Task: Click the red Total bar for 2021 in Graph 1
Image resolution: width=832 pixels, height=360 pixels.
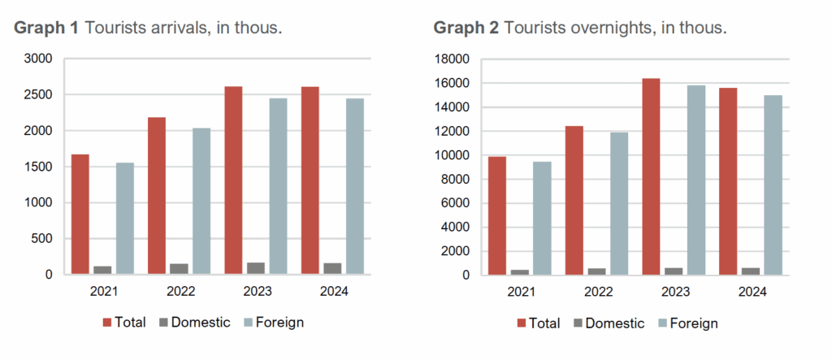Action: coord(80,214)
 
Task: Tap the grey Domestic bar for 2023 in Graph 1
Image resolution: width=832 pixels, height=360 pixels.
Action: coord(256,268)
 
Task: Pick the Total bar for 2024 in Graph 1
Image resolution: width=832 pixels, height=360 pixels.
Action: coord(310,180)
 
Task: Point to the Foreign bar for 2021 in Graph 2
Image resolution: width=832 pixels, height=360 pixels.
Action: coord(542,218)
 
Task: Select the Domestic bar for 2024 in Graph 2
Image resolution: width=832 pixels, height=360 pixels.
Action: coord(750,271)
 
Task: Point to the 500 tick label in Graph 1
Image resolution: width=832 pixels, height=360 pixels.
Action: coord(42,239)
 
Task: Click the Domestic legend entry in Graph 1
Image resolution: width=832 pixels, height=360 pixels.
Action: coord(200,323)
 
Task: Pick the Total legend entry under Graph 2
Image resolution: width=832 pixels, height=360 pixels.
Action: coord(539,323)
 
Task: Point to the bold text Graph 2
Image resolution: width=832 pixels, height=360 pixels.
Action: coord(466,29)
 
